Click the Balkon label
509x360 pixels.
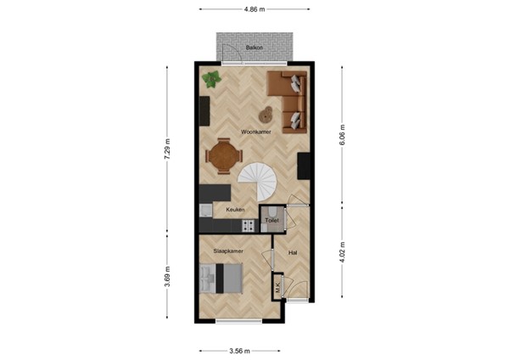tap(253, 48)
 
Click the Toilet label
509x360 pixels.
tap(271, 221)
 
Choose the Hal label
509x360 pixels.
tap(293, 252)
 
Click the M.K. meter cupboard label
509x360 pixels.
tap(277, 287)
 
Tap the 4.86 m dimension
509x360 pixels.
tap(253, 10)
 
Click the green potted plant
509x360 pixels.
tap(211, 81)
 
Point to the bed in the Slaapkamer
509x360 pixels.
tap(223, 277)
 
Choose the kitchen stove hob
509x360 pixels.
tap(249, 226)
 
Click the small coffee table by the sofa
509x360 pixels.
tap(266, 112)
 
